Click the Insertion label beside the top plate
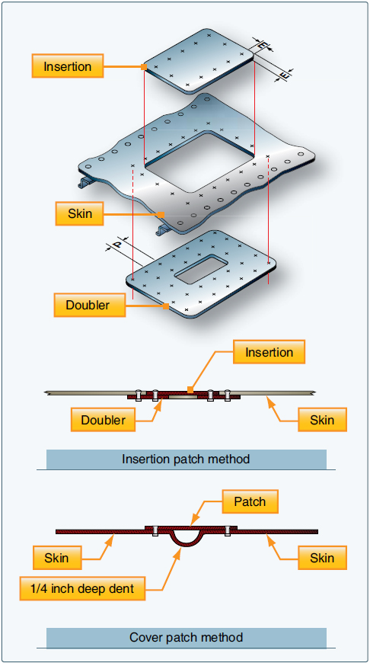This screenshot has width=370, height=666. tap(68, 66)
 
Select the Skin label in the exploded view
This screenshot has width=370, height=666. tap(80, 213)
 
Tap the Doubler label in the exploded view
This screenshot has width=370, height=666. tap(88, 306)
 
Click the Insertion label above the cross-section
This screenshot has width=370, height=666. tap(269, 352)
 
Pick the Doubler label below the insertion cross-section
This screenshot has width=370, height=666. tap(104, 419)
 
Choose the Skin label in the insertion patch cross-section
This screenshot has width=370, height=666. tap(316, 419)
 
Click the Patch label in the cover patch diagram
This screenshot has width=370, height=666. tap(250, 501)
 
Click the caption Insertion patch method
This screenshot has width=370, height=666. tap(186, 459)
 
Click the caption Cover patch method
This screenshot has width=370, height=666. tap(186, 637)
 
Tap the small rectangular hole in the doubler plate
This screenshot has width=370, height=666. tap(203, 266)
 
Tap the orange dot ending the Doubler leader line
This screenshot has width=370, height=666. tap(167, 306)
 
